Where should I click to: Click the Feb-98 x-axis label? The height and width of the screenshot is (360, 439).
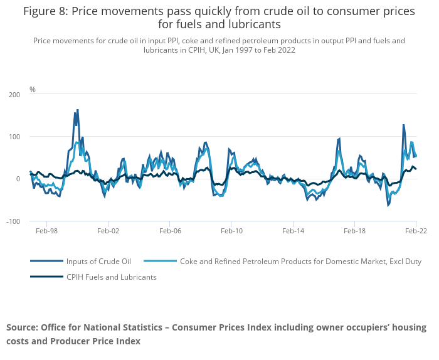point(46,231)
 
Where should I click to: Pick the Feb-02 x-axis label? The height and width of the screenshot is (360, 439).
point(108,231)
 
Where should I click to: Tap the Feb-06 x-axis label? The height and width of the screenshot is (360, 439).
point(170,231)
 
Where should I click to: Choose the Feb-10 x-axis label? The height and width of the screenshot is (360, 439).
point(231,231)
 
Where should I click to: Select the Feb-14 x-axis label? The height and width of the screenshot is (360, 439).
point(293,231)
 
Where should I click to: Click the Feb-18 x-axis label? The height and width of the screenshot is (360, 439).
point(354,231)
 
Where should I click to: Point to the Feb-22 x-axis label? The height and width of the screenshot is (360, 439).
point(415,231)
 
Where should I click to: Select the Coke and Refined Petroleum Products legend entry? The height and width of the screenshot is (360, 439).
point(300,261)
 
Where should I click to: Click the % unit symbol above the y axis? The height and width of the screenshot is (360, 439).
point(33,90)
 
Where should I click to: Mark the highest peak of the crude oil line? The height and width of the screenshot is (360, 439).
point(77,110)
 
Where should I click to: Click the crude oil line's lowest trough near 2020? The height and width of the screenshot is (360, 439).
point(388,205)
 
